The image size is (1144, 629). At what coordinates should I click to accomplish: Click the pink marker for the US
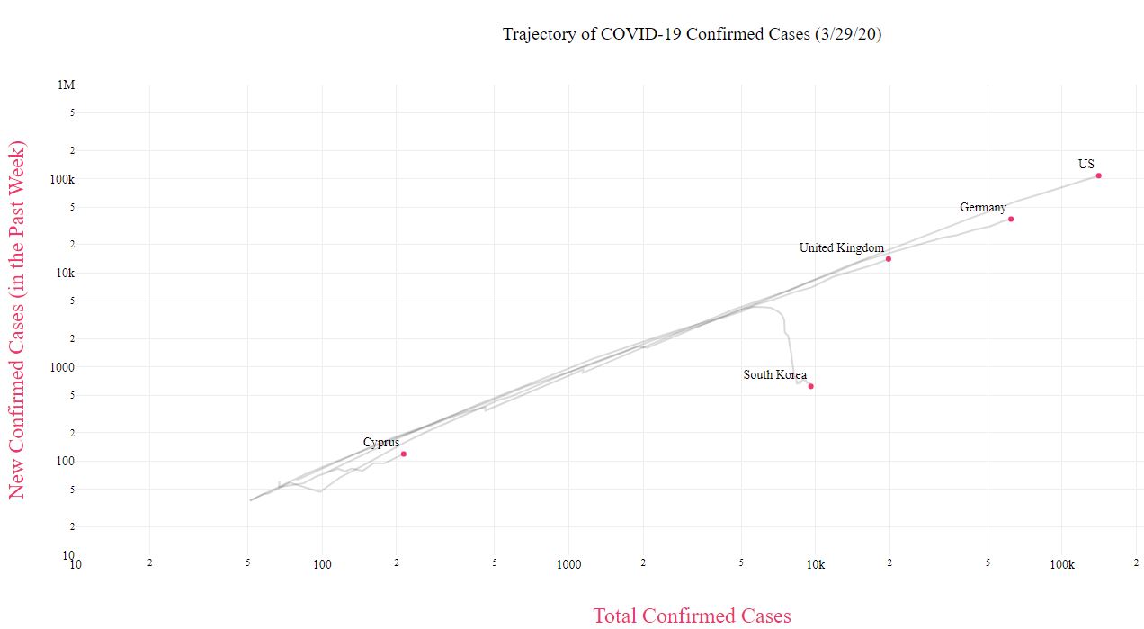(1099, 175)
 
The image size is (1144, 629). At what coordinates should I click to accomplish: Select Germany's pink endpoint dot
(1011, 219)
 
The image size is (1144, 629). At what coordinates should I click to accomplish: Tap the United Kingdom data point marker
(889, 258)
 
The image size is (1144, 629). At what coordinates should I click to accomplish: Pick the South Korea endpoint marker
(810, 386)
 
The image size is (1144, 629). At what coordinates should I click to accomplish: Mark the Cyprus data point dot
(404, 454)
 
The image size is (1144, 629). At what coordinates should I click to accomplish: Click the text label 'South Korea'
(774, 374)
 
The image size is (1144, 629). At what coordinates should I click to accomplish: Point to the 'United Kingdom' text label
(841, 247)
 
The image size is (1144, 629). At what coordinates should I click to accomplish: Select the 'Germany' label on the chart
(982, 207)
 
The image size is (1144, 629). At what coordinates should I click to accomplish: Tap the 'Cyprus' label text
(381, 442)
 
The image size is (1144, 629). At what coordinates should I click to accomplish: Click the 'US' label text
(1086, 164)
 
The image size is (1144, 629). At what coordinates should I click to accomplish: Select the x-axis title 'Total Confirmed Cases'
(692, 616)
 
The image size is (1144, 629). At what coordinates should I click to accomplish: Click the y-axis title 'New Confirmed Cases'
(17, 319)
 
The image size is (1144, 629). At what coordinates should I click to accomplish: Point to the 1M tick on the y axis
(67, 85)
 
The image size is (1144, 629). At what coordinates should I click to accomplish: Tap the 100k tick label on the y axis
(61, 179)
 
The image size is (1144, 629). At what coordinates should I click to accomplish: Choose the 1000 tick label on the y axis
(61, 367)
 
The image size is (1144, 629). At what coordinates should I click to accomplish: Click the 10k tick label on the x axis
(816, 564)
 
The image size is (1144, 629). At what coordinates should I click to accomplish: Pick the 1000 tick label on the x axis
(568, 564)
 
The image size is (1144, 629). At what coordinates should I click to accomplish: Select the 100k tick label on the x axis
(1062, 564)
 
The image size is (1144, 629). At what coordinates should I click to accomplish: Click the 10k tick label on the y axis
(64, 273)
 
